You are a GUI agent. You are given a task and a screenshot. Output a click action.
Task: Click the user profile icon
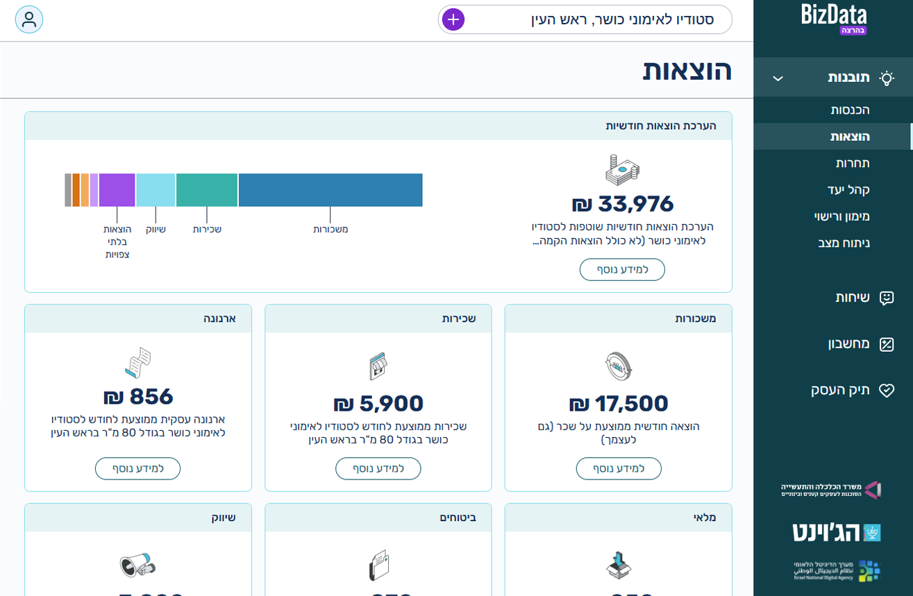point(29,19)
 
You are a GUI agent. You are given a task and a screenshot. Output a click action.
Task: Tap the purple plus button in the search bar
point(453,19)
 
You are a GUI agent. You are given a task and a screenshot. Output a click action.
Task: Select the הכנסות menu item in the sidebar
point(850,110)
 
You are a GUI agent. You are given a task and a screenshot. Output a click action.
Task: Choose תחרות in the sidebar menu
point(853,163)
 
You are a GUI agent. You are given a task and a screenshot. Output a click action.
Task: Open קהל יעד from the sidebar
point(848,189)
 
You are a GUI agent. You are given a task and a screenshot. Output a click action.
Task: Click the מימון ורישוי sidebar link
point(841,216)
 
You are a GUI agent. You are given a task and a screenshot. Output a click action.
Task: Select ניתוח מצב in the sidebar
point(844,243)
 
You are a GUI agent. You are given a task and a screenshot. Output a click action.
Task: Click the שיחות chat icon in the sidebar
point(886,298)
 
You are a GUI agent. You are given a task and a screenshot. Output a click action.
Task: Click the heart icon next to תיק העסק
point(886,390)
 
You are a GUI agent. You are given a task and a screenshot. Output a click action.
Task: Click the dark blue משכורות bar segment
point(330,190)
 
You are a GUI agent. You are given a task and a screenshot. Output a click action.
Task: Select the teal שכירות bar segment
point(207,190)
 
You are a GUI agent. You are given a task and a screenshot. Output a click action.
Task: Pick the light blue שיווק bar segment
point(156,190)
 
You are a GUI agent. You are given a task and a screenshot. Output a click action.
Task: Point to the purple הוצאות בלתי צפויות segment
point(117,190)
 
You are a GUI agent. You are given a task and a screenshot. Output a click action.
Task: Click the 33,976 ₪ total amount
point(623,204)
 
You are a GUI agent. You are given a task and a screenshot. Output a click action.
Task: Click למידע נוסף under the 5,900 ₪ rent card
point(378,468)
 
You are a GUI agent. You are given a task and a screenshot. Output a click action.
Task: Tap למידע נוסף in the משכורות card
point(619,468)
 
